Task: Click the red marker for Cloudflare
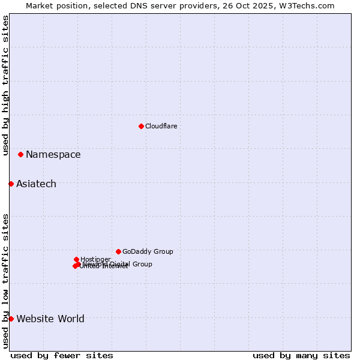click(141, 126)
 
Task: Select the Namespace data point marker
click(20, 154)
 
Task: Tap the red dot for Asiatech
click(11, 184)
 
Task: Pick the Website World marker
click(11, 319)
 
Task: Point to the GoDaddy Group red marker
click(118, 251)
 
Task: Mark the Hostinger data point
click(76, 259)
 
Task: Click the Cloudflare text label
click(161, 126)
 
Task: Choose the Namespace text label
click(53, 154)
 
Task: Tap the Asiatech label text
click(36, 184)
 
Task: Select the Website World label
click(50, 319)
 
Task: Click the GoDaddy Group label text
click(148, 251)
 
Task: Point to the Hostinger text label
click(95, 259)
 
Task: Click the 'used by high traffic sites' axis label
click(5, 85)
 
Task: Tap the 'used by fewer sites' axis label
click(62, 355)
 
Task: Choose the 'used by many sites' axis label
click(301, 355)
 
